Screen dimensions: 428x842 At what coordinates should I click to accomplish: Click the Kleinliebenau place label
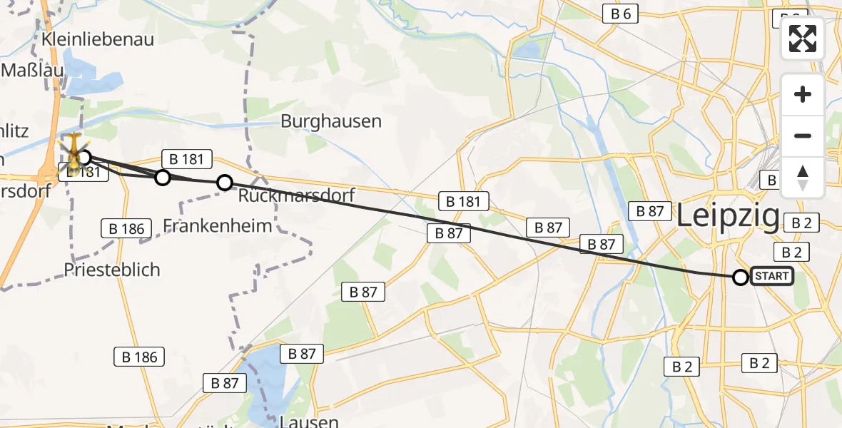click(98, 39)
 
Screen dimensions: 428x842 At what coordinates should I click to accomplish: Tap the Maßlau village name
click(33, 70)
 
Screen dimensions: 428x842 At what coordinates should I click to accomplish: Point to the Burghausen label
click(331, 121)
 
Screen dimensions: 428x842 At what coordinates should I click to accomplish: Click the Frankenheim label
click(218, 226)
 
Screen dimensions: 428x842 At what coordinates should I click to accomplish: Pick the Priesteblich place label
click(112, 270)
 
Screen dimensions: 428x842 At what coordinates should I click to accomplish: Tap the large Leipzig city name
click(728, 215)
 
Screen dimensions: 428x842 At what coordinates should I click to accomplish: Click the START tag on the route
click(771, 276)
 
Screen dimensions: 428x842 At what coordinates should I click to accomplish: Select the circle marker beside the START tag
click(741, 277)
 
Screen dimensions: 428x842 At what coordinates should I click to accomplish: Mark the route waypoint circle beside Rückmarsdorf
click(225, 183)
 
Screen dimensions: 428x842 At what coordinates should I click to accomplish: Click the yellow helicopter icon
click(73, 150)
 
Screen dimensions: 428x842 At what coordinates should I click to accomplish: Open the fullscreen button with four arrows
click(803, 39)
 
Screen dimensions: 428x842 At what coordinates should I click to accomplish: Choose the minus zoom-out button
click(803, 136)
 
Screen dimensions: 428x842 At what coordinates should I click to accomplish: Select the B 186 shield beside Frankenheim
click(127, 229)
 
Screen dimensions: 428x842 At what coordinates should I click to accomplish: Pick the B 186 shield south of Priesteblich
click(140, 357)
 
